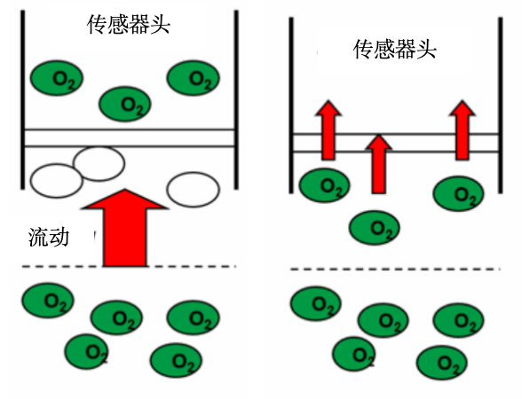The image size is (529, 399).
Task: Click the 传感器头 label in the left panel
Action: tap(128, 25)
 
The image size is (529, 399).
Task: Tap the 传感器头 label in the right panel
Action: tap(395, 48)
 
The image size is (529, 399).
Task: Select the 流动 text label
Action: tap(47, 237)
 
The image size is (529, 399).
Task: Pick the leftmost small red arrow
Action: tap(328, 129)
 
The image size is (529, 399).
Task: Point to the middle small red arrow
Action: tap(378, 164)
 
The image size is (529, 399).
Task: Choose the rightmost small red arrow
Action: tap(462, 129)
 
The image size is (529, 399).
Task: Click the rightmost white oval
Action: tap(193, 189)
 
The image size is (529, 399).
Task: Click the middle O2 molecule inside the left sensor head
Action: tap(124, 104)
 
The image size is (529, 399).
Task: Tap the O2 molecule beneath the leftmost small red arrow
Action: tap(324, 185)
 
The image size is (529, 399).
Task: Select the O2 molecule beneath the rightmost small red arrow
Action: tap(459, 192)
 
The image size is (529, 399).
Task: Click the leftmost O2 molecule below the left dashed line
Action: tap(49, 300)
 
